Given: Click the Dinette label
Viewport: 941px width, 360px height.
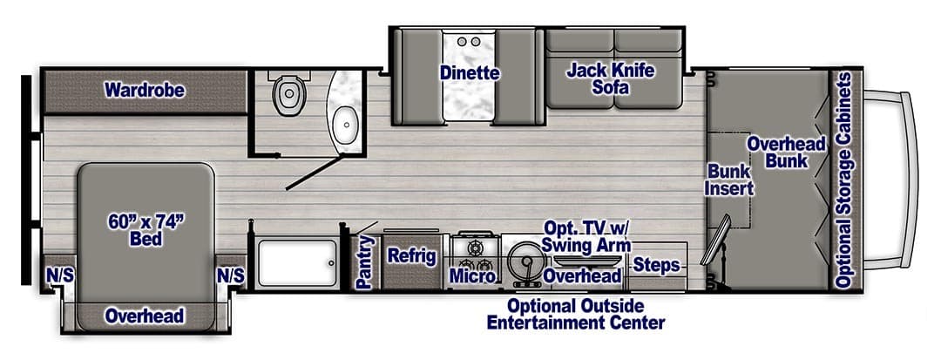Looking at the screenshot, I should pos(470,72).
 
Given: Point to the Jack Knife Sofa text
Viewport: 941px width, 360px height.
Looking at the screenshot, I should pos(611,78).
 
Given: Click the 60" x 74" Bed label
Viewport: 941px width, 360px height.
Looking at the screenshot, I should pos(146,229).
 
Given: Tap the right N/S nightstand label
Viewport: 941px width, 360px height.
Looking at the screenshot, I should pos(231,275).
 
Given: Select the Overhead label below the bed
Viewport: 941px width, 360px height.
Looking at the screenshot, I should pos(145,316).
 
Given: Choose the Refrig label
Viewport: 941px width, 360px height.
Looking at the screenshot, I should pos(411,256).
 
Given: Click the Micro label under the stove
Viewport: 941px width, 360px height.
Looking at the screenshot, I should pos(472,276).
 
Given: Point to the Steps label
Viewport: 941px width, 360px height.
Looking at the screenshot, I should pos(656,264).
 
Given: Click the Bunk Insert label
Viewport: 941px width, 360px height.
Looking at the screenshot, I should pos(728,179).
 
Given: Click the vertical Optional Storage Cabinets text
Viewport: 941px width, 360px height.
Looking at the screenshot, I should pos(843,180).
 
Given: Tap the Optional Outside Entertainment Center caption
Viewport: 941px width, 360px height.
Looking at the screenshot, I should pos(576,315).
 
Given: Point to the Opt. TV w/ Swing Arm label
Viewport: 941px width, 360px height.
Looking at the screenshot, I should pos(585,236).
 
